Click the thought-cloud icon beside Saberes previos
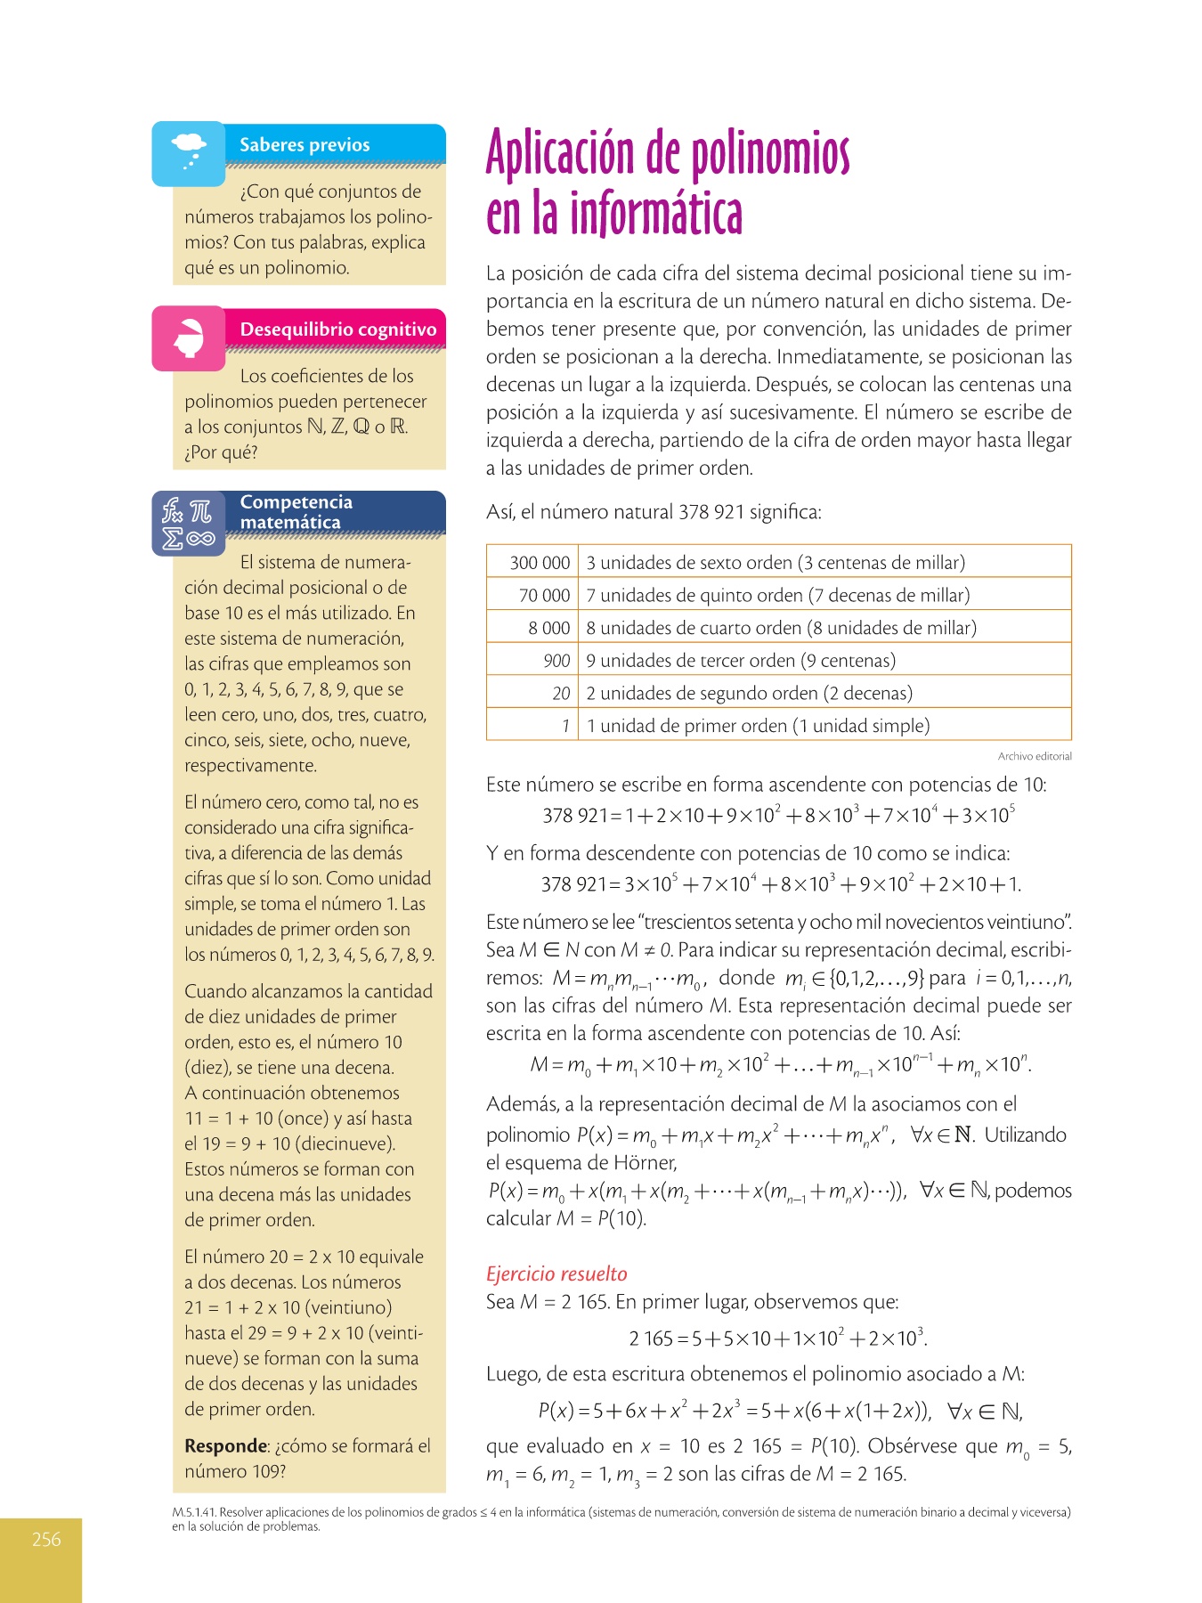tap(188, 153)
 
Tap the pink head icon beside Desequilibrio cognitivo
tap(189, 338)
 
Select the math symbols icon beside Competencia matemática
tap(188, 524)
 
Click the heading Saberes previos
tap(305, 145)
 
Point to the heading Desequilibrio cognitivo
tap(338, 330)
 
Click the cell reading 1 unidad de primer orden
tap(758, 726)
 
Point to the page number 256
tap(46, 1539)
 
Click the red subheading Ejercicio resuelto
tap(556, 1273)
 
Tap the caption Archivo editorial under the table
tap(1035, 756)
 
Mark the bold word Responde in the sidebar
tap(225, 1446)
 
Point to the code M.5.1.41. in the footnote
tap(195, 1512)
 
